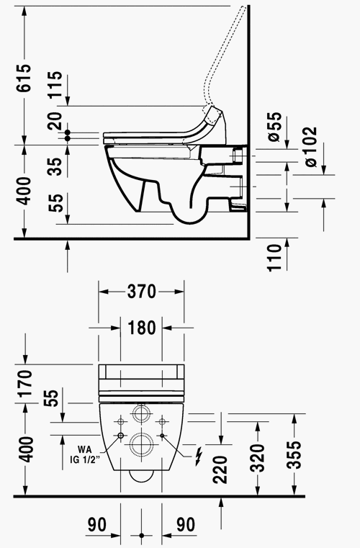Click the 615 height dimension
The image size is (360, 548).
pyautogui.click(x=24, y=78)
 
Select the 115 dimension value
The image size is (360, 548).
pyautogui.click(x=55, y=84)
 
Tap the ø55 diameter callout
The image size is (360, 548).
pyautogui.click(x=275, y=127)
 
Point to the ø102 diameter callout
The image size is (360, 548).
pyautogui.click(x=310, y=147)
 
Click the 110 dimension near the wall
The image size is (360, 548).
pyautogui.click(x=275, y=258)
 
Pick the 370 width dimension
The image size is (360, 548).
pyautogui.click(x=141, y=291)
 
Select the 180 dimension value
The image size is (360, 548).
pyautogui.click(x=142, y=328)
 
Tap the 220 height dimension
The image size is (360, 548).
pyautogui.click(x=220, y=470)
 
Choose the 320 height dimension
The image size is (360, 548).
pyautogui.click(x=258, y=458)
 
